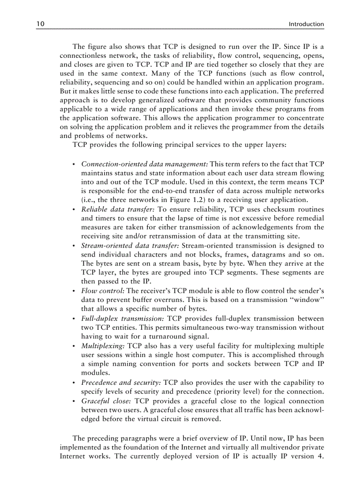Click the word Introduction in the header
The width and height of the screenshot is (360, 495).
click(306, 24)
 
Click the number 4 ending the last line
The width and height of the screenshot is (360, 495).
click(322, 456)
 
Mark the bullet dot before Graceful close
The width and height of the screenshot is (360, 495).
click(73, 402)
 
